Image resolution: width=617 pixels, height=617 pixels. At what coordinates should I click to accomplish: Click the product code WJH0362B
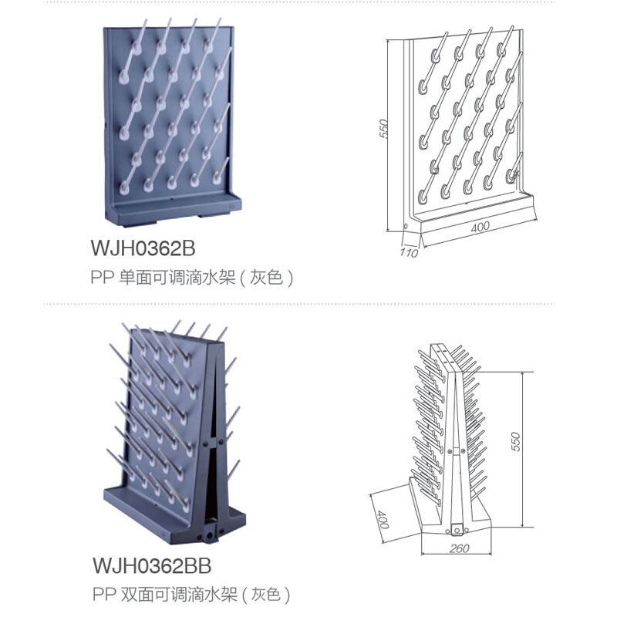point(143,249)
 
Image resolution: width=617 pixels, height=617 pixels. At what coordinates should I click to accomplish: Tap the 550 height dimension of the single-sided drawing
point(383,129)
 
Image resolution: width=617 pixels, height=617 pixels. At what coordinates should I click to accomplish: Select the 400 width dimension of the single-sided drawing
point(481,228)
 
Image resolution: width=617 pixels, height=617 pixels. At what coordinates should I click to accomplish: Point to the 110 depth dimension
point(409,252)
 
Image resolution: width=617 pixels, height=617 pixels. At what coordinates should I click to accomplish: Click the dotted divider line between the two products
point(308,304)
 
